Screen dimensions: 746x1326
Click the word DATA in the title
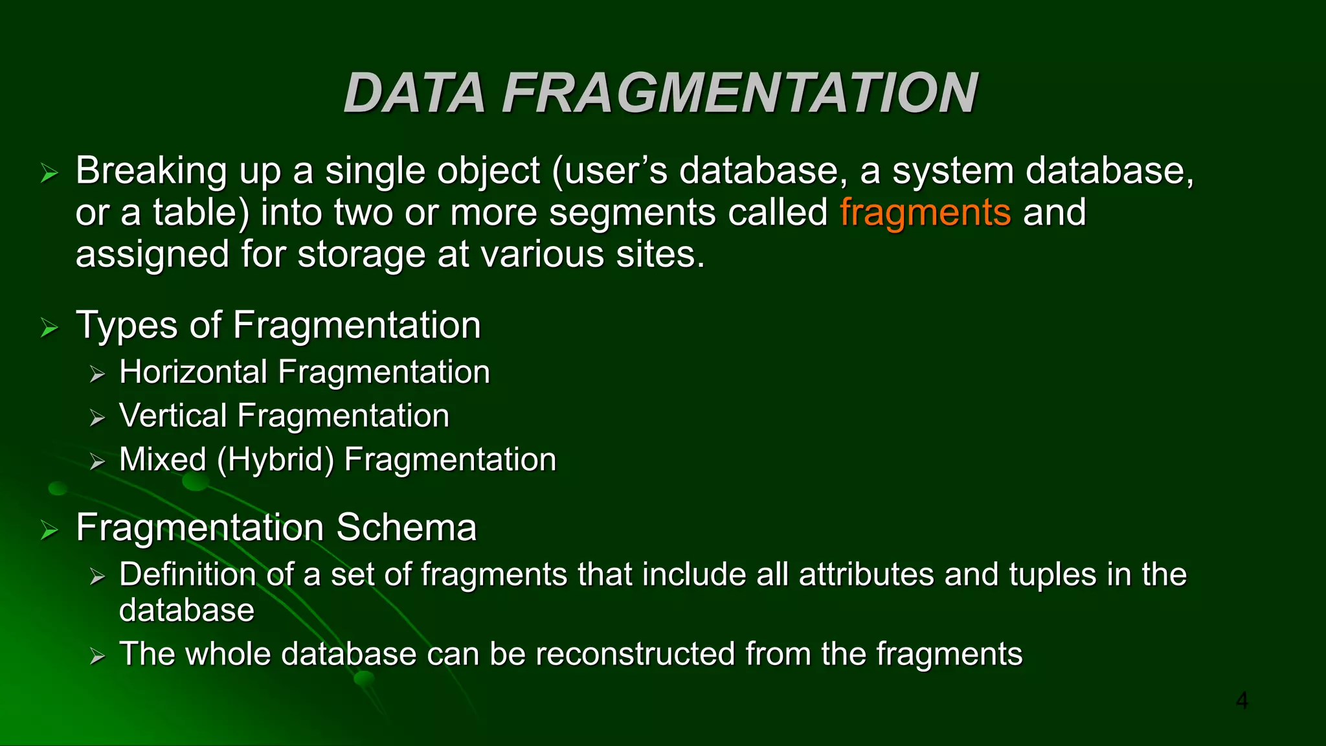tap(414, 93)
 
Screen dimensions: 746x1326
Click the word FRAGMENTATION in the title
tap(739, 93)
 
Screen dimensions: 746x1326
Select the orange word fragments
tap(925, 212)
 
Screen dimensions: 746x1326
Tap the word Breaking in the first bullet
tap(151, 171)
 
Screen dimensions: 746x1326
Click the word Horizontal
tap(193, 372)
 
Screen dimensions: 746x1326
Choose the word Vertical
tap(173, 416)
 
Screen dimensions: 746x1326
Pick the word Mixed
tap(163, 460)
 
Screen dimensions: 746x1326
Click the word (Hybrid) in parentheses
tap(275, 460)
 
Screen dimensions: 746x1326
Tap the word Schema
tap(406, 527)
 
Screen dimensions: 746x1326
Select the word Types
tap(127, 325)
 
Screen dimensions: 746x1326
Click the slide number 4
tap(1241, 700)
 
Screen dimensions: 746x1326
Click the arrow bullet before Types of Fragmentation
tap(49, 328)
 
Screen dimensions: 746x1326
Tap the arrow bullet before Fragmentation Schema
tap(49, 530)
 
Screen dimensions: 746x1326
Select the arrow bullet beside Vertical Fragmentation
tap(97, 418)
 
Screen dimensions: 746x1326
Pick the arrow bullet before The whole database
tap(97, 657)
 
